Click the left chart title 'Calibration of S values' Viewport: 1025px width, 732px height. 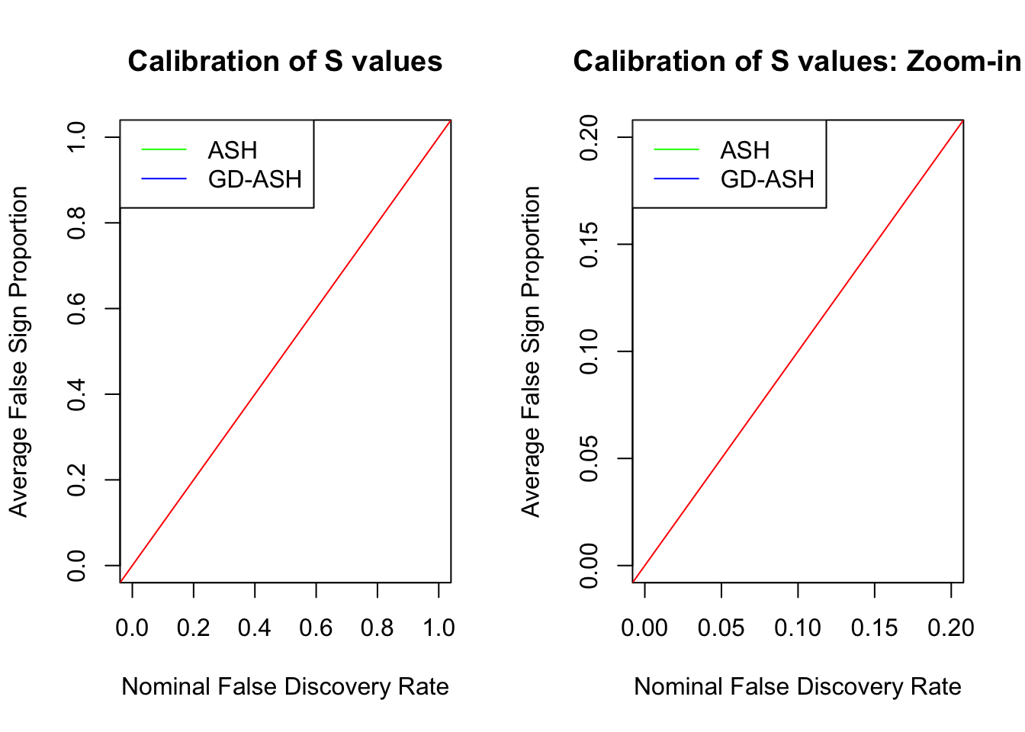tap(284, 62)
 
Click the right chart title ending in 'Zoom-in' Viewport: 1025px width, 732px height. tap(797, 62)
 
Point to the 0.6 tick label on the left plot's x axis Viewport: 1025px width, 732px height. tap(316, 628)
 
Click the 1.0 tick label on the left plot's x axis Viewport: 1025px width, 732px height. tap(439, 628)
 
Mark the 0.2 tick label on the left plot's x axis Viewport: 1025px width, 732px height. tap(194, 628)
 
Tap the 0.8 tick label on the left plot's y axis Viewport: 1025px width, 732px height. tap(77, 223)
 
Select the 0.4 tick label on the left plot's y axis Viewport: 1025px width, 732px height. tap(77, 394)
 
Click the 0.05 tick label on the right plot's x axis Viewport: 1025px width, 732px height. tap(721, 628)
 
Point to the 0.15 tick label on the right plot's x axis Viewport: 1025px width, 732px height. tap(874, 628)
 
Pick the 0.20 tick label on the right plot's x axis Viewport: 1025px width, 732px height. tap(950, 628)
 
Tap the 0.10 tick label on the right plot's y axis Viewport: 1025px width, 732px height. tap(590, 352)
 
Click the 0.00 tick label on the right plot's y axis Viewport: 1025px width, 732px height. tap(590, 566)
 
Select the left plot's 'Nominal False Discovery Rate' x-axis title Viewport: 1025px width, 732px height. tap(285, 687)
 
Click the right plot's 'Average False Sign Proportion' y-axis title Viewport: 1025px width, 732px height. tap(531, 352)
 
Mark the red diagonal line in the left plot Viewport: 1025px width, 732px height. tap(285, 352)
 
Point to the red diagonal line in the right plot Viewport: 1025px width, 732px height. tap(798, 352)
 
